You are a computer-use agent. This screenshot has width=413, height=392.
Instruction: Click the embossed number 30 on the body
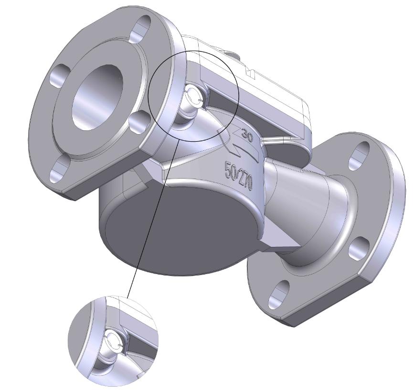(246, 135)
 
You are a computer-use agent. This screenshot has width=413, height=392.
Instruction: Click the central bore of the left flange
(97, 97)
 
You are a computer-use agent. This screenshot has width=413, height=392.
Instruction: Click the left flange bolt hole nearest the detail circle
(141, 122)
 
